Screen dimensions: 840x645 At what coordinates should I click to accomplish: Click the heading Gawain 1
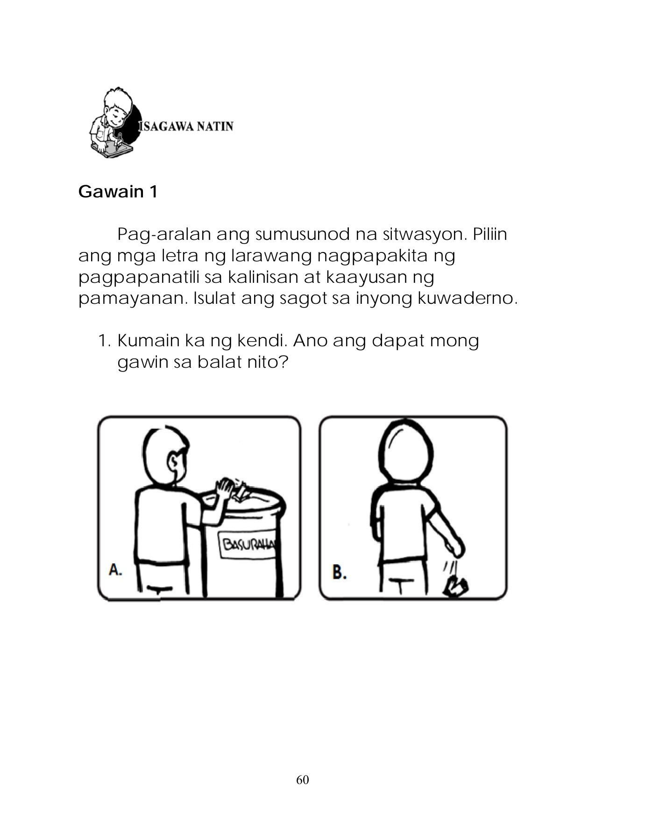point(118,192)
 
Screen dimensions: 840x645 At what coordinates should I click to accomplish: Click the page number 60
point(302,780)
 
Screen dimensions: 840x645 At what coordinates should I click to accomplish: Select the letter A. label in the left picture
point(115,569)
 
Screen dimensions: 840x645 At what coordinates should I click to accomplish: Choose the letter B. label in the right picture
point(339,572)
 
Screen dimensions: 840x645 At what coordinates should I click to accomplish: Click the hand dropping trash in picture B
point(455,547)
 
